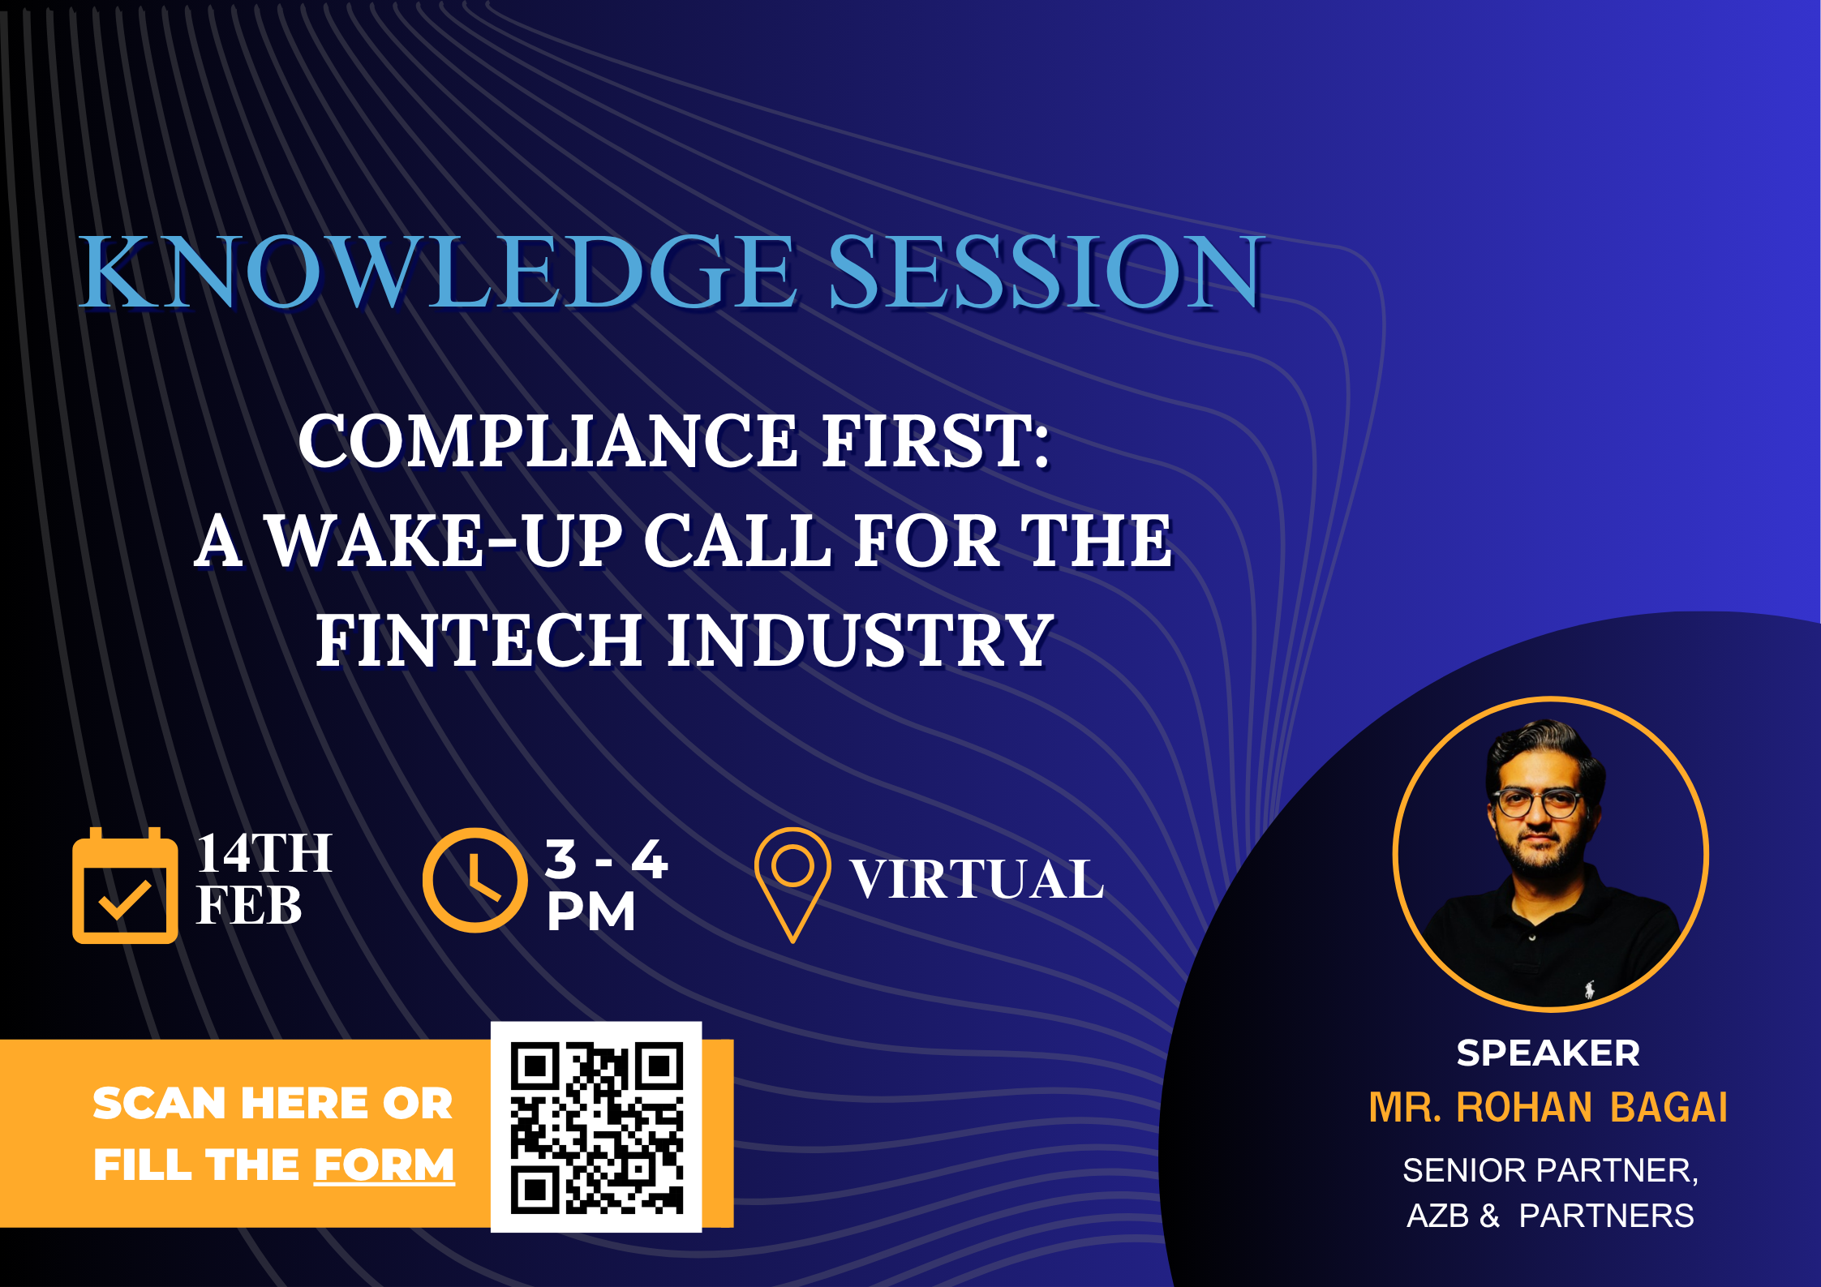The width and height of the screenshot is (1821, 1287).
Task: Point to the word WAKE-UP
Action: coord(444,541)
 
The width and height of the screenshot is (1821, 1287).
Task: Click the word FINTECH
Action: coord(479,640)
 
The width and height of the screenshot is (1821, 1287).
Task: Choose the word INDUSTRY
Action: coord(860,640)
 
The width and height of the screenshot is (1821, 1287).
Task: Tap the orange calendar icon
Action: coord(125,885)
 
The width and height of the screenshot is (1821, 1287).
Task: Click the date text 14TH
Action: coord(264,853)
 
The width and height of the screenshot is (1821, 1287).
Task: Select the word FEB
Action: coord(249,905)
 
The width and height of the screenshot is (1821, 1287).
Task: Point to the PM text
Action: coord(591,912)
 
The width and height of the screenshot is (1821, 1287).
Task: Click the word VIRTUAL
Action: coord(977,879)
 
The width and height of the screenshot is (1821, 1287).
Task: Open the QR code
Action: coord(596,1128)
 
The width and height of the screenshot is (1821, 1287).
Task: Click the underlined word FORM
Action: coord(384,1166)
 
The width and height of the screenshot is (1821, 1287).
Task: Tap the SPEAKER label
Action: coord(1548,1053)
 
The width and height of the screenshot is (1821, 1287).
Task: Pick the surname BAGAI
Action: coord(1669,1107)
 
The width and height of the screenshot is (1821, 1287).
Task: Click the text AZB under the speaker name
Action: coord(1438,1216)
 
